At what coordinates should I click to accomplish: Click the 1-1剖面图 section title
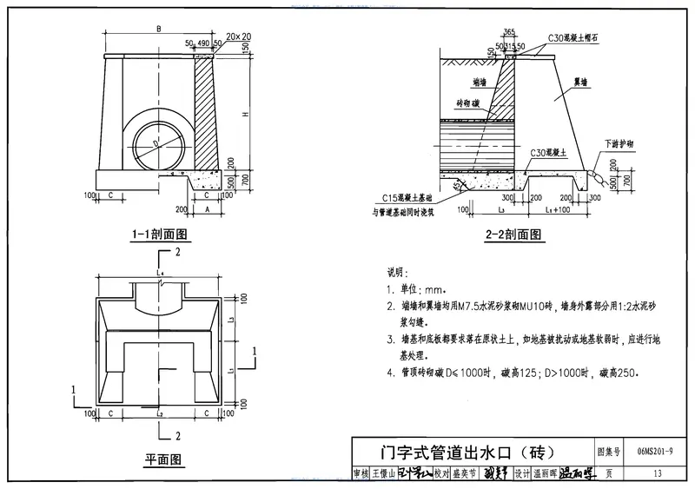[x=160, y=235]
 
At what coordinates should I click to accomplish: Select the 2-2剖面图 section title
[x=513, y=235]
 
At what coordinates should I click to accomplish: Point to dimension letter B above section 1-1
[x=159, y=30]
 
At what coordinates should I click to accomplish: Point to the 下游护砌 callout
[x=618, y=142]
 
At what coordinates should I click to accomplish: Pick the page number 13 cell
[x=658, y=473]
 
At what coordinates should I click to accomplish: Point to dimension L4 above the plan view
[x=160, y=273]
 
